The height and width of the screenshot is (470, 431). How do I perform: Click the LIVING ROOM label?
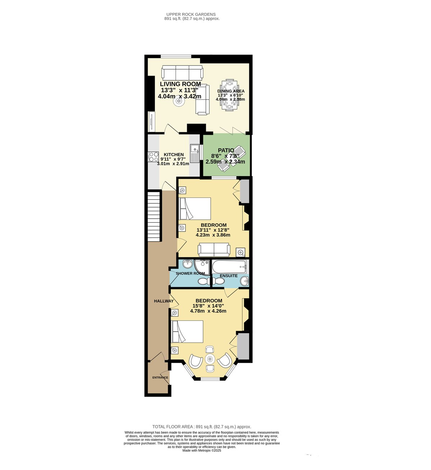[x=180, y=84]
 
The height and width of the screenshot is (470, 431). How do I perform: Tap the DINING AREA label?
[x=231, y=91]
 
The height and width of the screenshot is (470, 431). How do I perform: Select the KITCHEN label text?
[x=174, y=155]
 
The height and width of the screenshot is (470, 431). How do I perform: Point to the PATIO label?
[x=226, y=150]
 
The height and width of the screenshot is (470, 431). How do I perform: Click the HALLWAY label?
[x=164, y=301]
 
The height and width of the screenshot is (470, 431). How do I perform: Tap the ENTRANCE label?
[x=160, y=378]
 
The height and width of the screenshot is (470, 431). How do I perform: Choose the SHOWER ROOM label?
[x=190, y=274]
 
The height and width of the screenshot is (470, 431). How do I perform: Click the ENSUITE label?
[x=229, y=276]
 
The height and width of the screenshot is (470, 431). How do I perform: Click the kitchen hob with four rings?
[x=153, y=157]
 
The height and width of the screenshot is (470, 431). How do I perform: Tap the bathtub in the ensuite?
[x=229, y=266]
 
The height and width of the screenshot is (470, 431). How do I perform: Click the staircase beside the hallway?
[x=154, y=217]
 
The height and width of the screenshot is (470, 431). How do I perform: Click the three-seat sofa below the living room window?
[x=182, y=73]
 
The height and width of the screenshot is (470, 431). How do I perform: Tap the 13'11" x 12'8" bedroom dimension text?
[x=213, y=230]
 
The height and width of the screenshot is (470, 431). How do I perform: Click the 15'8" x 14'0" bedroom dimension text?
[x=208, y=306]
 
